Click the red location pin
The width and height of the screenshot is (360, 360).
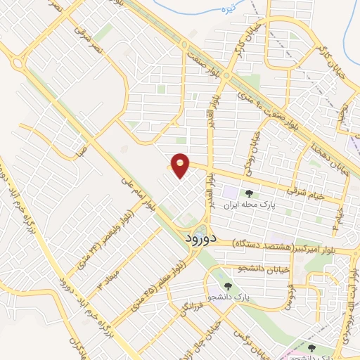[x=181, y=165]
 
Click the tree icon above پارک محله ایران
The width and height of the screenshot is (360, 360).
[x=247, y=193]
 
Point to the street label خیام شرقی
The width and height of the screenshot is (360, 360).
[x=307, y=192]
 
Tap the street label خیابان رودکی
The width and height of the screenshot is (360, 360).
[x=252, y=150]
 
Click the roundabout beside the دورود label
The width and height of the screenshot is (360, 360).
[x=202, y=231]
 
